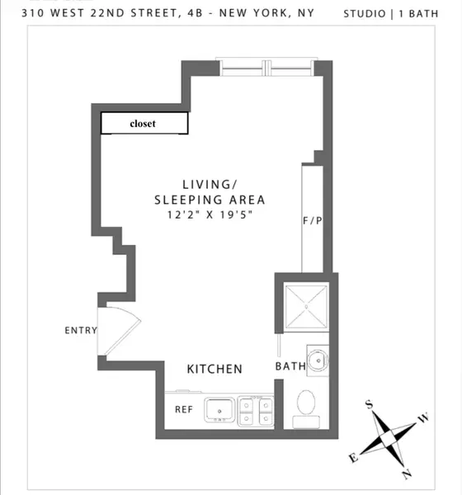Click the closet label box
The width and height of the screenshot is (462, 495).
coord(143,124)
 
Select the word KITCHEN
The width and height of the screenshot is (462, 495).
coord(214,369)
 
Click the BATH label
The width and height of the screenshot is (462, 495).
coord(290,366)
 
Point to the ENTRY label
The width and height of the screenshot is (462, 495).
coord(81,331)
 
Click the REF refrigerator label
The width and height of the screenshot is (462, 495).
coord(184,409)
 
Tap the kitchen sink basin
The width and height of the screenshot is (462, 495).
coord(219,407)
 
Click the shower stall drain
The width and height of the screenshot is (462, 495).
coord(305,304)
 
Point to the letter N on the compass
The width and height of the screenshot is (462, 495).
coord(406,474)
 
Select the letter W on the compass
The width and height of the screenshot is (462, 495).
coord(424,419)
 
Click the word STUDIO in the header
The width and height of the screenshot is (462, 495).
coord(363,14)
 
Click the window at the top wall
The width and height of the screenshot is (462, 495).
coord(263,68)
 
